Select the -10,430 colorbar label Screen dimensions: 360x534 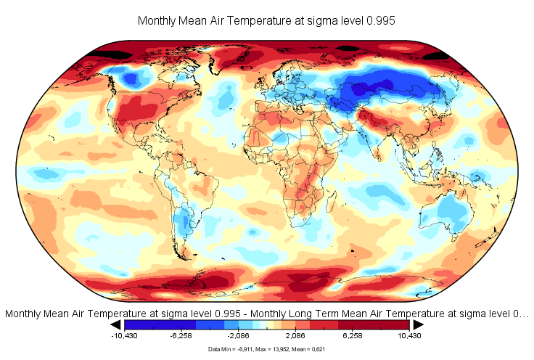(125, 336)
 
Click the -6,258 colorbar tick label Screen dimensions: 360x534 (186, 336)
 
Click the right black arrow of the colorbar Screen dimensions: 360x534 (418, 325)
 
